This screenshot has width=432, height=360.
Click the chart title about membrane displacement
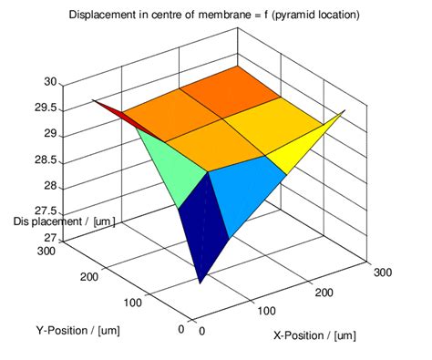(x=215, y=15)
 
